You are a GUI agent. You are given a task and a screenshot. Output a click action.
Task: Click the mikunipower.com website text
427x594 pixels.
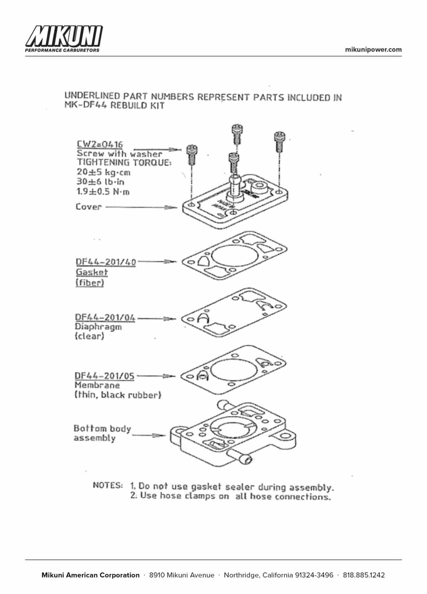click(x=373, y=49)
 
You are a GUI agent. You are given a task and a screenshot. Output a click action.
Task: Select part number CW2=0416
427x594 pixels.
click(x=100, y=144)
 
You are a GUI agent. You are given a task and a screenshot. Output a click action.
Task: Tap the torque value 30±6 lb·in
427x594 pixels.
click(x=101, y=182)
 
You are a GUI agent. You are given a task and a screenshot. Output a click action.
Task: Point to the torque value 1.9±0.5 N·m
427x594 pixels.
click(x=103, y=191)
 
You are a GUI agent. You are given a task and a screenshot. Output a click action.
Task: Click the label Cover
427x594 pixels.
click(x=88, y=207)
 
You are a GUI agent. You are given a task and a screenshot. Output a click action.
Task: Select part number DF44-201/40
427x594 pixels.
click(x=106, y=262)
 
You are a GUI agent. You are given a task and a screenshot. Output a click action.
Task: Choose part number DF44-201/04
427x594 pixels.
click(x=105, y=317)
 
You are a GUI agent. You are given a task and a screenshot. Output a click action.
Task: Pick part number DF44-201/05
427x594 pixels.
click(x=104, y=376)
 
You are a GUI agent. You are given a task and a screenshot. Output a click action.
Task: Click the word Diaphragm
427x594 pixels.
click(x=98, y=327)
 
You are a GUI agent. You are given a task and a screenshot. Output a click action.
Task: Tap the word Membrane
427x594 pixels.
click(x=97, y=385)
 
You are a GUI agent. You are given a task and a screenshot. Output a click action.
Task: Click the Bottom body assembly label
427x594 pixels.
click(x=102, y=433)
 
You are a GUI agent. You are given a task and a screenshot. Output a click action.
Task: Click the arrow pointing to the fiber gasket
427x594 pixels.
click(x=157, y=262)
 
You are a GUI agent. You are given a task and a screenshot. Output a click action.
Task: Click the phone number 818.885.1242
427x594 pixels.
click(x=364, y=575)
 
